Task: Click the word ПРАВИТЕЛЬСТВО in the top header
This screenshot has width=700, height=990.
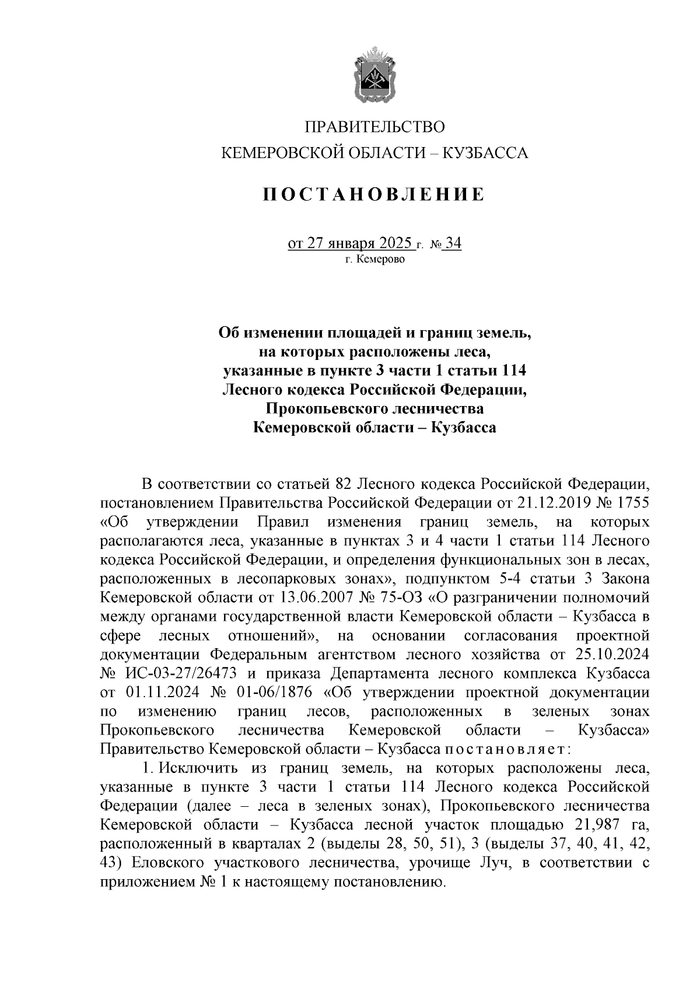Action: tap(375, 127)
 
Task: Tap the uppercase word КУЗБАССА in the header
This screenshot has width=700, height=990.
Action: tap(486, 153)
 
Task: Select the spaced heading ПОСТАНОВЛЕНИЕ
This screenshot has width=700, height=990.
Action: tap(374, 195)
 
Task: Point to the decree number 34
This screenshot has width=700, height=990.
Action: tap(453, 243)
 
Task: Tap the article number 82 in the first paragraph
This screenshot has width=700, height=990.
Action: tap(342, 484)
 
